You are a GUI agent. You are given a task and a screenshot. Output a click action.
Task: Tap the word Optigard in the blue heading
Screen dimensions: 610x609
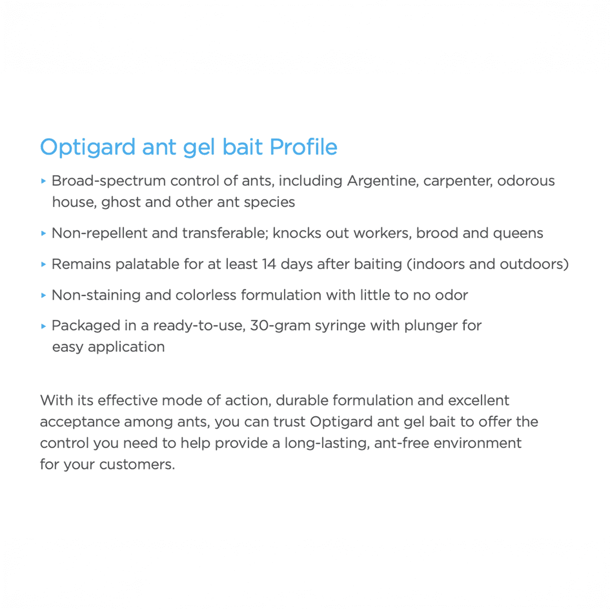88,148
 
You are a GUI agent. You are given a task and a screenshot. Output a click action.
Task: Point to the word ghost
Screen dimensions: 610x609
121,202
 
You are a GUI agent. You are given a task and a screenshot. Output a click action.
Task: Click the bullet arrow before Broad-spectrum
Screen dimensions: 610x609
44,181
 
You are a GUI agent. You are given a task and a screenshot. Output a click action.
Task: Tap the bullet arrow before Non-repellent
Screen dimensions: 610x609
44,234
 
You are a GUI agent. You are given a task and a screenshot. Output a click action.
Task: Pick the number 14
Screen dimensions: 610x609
269,264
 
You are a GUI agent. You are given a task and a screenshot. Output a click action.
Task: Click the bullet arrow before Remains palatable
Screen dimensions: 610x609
44,264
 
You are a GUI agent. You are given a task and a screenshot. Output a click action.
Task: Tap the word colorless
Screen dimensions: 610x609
206,295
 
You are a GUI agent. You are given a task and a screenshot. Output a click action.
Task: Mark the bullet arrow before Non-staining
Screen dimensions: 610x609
44,295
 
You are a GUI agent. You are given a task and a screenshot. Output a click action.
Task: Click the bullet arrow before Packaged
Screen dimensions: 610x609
44,326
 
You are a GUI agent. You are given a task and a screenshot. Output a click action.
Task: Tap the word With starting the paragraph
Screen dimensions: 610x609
57,400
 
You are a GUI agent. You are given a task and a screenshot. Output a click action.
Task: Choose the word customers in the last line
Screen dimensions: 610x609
137,465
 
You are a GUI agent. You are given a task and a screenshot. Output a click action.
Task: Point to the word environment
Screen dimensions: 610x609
477,443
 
